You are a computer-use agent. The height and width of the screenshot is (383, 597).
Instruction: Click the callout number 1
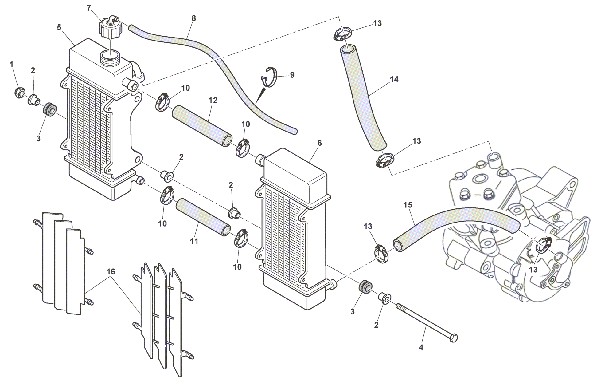11,65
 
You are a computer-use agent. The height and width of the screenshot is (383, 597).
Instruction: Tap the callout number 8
193,18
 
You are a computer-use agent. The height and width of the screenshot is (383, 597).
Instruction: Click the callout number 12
213,100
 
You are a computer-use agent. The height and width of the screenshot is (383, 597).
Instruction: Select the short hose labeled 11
203,217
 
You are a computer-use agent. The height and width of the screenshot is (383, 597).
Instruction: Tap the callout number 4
421,348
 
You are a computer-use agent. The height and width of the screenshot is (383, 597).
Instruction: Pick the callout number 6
319,143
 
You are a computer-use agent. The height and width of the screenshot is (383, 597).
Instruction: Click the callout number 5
59,27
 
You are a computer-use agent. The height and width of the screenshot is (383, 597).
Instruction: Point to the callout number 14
394,80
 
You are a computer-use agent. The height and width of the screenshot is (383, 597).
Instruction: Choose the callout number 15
408,205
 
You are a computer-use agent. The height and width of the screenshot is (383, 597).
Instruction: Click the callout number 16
111,271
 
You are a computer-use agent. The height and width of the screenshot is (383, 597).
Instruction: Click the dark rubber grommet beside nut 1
49,109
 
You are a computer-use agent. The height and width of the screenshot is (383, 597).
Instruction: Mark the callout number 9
292,75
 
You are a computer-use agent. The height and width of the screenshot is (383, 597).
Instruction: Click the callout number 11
194,242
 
